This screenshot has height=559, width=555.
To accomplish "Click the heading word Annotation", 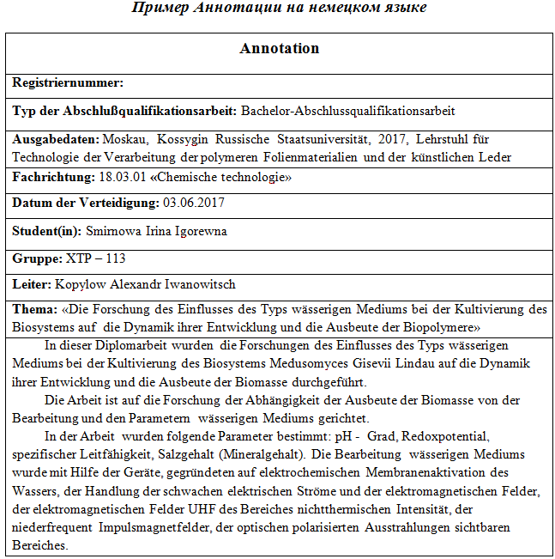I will [x=279, y=49].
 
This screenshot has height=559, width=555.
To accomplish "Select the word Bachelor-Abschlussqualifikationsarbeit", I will [x=347, y=111].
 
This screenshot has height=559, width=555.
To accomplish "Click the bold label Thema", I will [x=33, y=309].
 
